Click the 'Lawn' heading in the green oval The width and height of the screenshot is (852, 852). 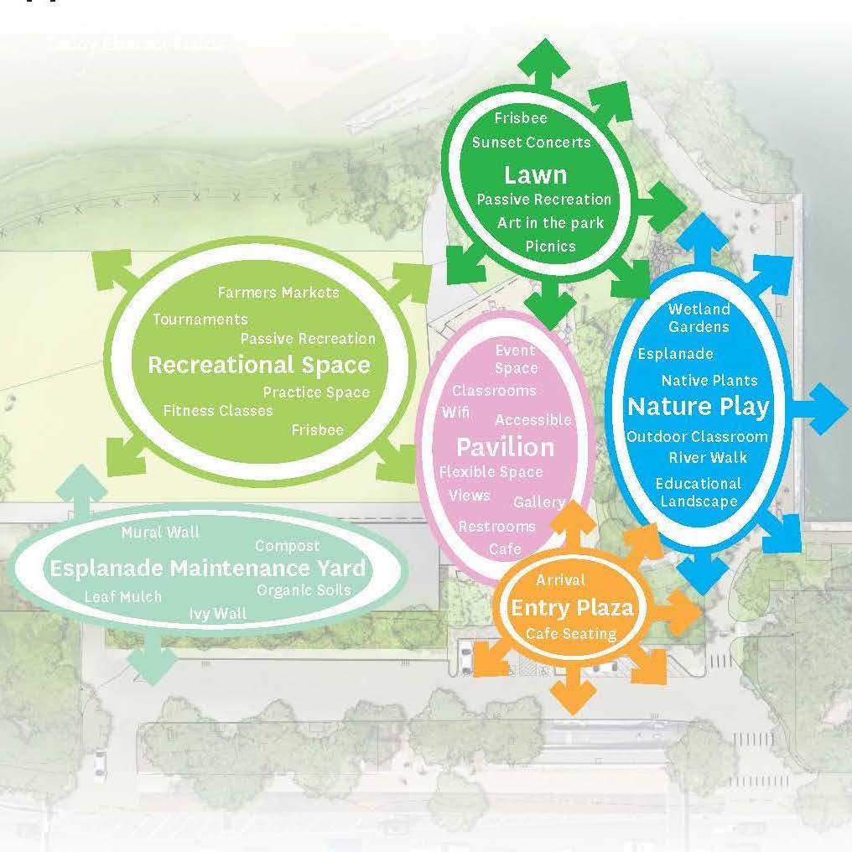(x=535, y=175)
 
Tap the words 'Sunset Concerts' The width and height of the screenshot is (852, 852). (x=531, y=143)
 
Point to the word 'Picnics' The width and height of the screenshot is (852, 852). (x=550, y=246)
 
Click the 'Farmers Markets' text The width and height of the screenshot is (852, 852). (x=278, y=293)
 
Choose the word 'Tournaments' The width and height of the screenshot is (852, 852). (x=200, y=319)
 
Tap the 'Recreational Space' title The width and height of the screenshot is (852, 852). (x=258, y=365)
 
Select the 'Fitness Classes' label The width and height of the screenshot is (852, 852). (x=218, y=411)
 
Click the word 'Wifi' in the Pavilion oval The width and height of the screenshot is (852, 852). (x=456, y=413)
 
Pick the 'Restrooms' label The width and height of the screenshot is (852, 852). (x=496, y=527)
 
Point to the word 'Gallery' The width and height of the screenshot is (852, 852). (x=539, y=502)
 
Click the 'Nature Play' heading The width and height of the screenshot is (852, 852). (x=698, y=407)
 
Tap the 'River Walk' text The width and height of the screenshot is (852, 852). (x=708, y=458)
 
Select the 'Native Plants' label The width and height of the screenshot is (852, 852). (x=709, y=381)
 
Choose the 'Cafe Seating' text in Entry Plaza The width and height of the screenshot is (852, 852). (x=571, y=634)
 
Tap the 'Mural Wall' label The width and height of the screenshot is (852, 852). (x=160, y=532)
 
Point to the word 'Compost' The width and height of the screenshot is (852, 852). (x=287, y=546)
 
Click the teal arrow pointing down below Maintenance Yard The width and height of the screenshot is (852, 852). (x=152, y=661)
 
